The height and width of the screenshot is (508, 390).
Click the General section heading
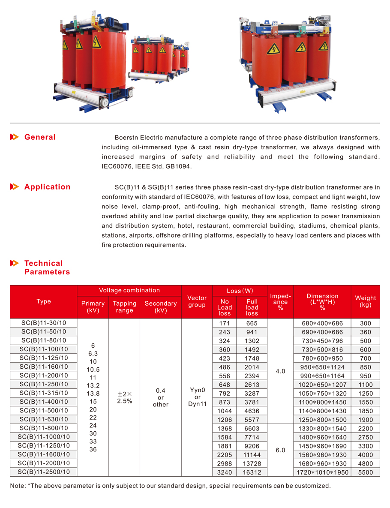40,137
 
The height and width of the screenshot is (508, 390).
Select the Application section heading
47,187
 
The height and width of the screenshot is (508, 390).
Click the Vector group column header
197,301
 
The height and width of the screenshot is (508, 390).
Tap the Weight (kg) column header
366,301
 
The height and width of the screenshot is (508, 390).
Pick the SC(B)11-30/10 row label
44,323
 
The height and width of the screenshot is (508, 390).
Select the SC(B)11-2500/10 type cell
44,472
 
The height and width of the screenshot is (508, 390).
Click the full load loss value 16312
252,472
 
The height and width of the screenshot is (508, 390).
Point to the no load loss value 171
225,323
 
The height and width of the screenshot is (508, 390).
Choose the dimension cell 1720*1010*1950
322,472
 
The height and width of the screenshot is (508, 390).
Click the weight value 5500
366,472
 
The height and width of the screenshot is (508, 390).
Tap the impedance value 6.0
280,451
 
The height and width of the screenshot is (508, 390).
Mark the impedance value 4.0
280,371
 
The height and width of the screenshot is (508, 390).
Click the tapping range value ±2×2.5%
125,397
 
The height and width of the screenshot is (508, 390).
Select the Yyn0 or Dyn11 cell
197,397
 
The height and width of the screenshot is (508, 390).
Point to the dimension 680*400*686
322,323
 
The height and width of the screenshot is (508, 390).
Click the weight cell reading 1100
366,385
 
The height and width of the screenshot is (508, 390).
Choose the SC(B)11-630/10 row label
44,419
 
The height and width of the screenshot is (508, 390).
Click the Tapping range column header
125,307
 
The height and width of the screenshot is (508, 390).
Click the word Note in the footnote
18,486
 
